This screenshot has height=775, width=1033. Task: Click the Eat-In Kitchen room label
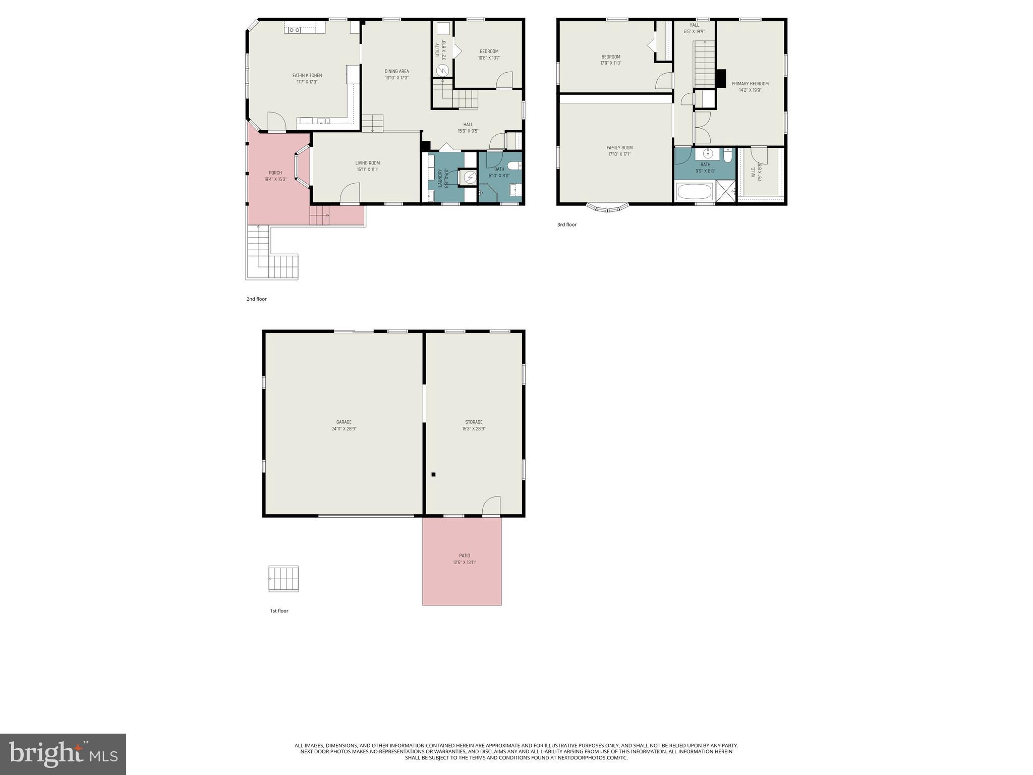tap(307, 76)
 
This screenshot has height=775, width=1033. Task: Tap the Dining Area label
tap(396, 71)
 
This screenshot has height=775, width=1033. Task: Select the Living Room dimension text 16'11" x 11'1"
tap(367, 170)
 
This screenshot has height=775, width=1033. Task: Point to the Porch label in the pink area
tap(275, 173)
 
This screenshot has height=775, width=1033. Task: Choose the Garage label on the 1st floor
tap(343, 422)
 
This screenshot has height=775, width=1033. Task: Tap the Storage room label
tap(474, 422)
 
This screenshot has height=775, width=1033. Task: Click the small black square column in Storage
tap(433, 474)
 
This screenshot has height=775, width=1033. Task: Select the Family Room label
tap(619, 148)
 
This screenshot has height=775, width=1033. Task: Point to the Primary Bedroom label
tap(750, 84)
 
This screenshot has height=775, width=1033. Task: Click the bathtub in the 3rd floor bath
tap(695, 192)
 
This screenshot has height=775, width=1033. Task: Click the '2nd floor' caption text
tap(256, 299)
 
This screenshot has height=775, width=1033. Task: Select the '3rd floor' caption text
tap(566, 225)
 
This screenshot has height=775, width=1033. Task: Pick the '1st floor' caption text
tap(279, 611)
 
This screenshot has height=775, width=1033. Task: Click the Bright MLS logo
tap(63, 754)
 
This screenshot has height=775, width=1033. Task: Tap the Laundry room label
tap(440, 178)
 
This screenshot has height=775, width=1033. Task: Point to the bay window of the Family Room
tap(608, 207)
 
